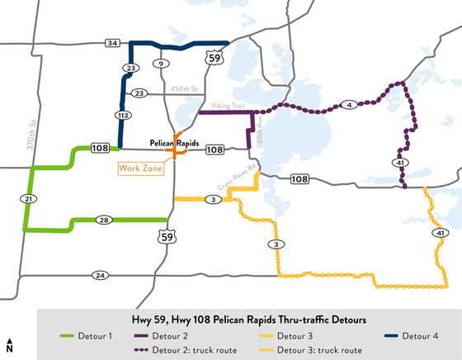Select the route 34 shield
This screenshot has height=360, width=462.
tap(113, 43)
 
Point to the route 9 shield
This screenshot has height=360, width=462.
tap(162, 64)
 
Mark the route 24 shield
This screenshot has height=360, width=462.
tap(101, 275)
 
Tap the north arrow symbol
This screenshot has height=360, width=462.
tap(9, 345)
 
